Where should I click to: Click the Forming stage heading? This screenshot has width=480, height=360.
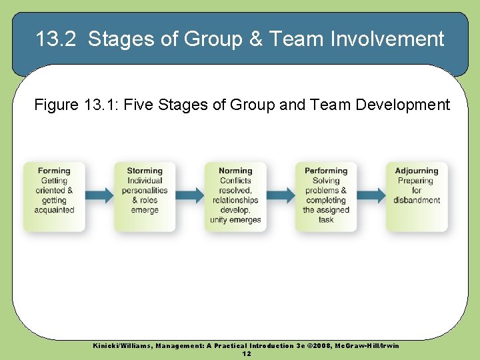click(54, 171)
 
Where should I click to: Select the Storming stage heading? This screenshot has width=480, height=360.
click(145, 171)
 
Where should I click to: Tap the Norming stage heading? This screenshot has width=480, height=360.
click(235, 171)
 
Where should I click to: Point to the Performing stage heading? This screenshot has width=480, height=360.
click(326, 171)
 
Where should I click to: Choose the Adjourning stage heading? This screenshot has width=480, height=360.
click(417, 171)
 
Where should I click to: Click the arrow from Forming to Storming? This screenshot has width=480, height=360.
click(100, 195)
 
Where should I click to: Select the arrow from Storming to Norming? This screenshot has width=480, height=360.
click(191, 195)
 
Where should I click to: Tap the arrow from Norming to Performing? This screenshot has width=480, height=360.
click(281, 195)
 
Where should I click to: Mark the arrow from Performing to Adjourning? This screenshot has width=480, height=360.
click(372, 195)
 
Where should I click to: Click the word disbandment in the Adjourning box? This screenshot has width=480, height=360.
click(417, 200)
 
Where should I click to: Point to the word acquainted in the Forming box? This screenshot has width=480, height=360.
click(54, 210)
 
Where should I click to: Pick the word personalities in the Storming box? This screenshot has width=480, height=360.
click(145, 191)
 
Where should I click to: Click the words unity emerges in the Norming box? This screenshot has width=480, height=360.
click(235, 220)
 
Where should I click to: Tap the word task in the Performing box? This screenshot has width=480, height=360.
click(326, 220)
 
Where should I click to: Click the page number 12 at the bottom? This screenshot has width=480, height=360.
click(247, 353)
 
